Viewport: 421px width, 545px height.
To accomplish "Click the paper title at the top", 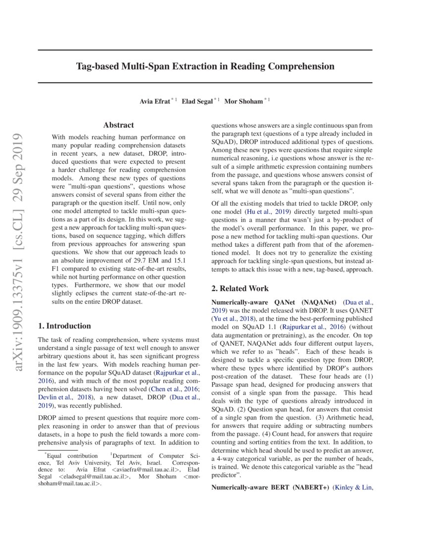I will tap(205, 66).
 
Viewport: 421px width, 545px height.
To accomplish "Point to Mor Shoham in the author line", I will tap(243, 101).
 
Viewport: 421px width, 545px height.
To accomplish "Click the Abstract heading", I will tap(118, 126).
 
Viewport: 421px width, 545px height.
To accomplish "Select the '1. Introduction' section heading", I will tap(64, 326).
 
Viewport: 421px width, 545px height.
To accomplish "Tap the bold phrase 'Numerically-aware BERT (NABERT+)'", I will tap(270, 488).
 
